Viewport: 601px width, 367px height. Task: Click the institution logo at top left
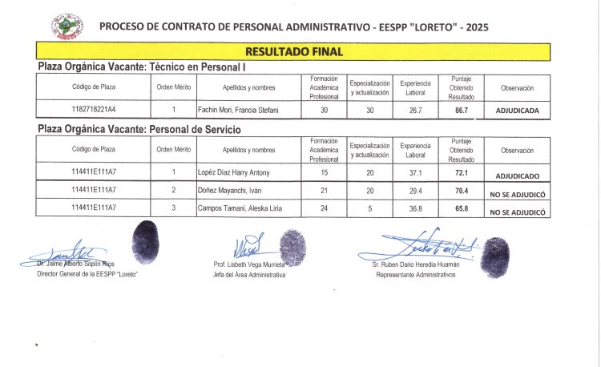coord(67,26)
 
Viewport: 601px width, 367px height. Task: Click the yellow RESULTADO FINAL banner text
coord(294,52)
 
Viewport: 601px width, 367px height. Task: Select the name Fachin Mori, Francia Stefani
coord(237,110)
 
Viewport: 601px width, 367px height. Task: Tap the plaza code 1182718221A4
coord(94,110)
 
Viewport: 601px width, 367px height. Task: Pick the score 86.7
coord(461,110)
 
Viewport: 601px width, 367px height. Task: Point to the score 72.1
coord(461,173)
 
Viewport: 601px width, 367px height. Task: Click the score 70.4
coord(461,192)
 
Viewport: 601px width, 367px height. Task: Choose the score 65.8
coord(461,210)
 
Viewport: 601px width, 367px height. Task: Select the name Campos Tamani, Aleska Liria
coord(239,209)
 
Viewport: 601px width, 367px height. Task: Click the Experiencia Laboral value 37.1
coord(415,172)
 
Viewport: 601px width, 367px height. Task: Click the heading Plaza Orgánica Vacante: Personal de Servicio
coord(139,129)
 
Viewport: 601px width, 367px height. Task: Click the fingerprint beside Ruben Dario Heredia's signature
coord(490,256)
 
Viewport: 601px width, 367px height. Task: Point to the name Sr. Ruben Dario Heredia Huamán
coord(416,264)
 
